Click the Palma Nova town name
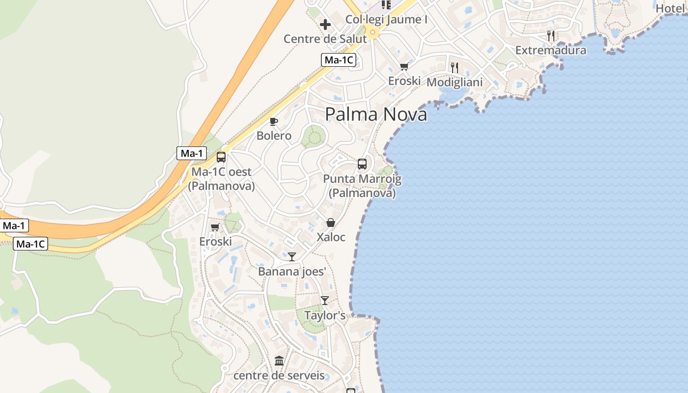pyautogui.click(x=376, y=114)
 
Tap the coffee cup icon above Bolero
pyautogui.click(x=274, y=121)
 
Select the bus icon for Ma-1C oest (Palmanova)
pyautogui.click(x=221, y=157)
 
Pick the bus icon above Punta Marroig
pyautogui.click(x=362, y=164)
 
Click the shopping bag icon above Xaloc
pyautogui.click(x=331, y=223)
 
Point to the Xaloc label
pyautogui.click(x=331, y=237)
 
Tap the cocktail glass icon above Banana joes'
pyautogui.click(x=292, y=256)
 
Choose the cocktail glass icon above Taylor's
pyautogui.click(x=324, y=300)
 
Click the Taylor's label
pyautogui.click(x=325, y=315)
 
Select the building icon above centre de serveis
pyautogui.click(x=279, y=361)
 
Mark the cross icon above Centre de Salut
pyautogui.click(x=325, y=24)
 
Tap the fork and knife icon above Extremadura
pyautogui.click(x=551, y=35)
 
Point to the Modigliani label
pyautogui.click(x=455, y=82)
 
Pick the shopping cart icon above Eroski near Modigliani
pyautogui.click(x=404, y=66)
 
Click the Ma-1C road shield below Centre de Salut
pyautogui.click(x=339, y=60)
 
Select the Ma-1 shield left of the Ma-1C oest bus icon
pyautogui.click(x=192, y=153)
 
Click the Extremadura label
pyautogui.click(x=550, y=50)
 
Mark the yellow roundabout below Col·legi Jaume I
pyautogui.click(x=373, y=33)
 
